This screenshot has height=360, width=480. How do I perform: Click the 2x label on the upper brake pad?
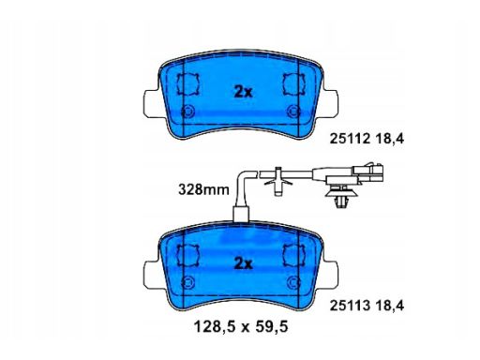point(243,92)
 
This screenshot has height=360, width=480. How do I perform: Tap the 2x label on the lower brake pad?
point(243,264)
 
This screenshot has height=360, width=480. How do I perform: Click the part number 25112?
point(350,138)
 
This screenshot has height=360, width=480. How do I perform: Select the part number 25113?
point(350,306)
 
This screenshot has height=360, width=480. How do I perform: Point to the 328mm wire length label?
point(203,189)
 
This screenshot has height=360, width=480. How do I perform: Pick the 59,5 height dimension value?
point(272,327)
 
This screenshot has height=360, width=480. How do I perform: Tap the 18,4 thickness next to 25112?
point(389,138)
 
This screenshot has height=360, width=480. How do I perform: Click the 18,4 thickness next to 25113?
point(389,306)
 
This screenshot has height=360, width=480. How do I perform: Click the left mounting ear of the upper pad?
point(152,104)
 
